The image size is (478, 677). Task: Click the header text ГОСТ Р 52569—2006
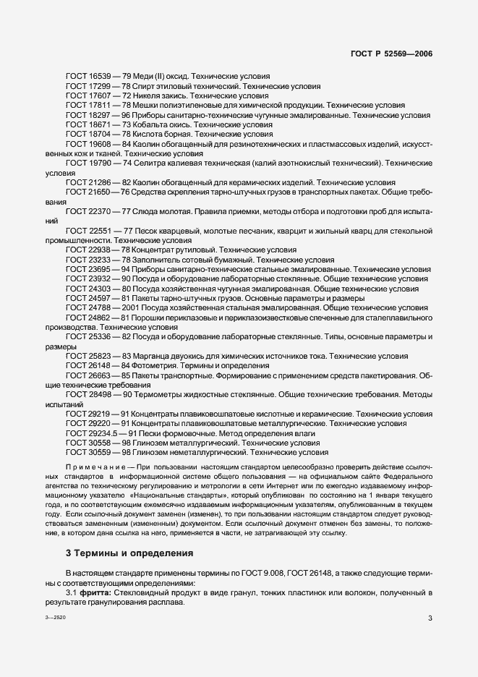coord(391,54)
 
